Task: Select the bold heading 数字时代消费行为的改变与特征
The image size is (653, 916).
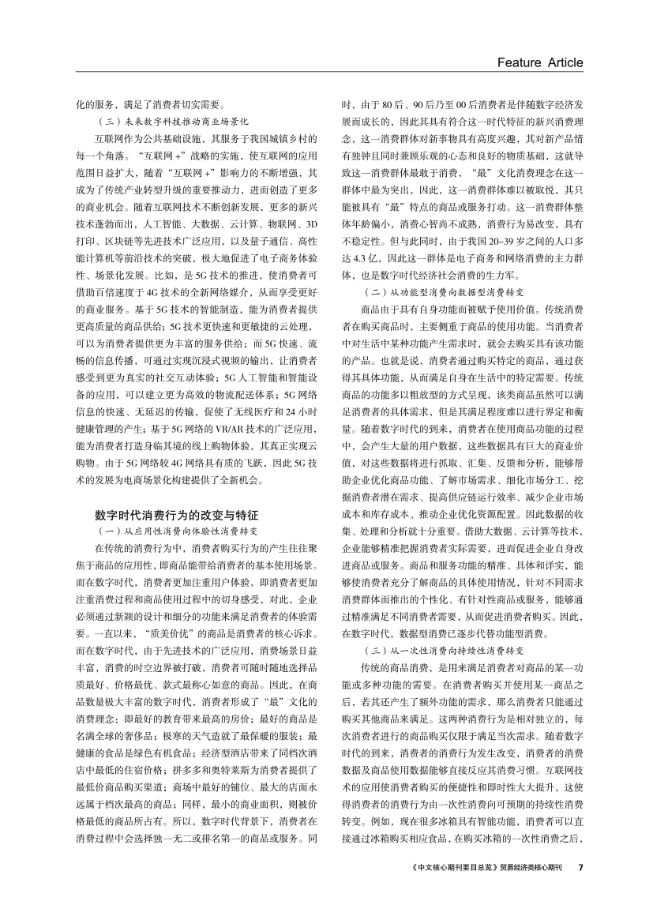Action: (174, 514)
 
